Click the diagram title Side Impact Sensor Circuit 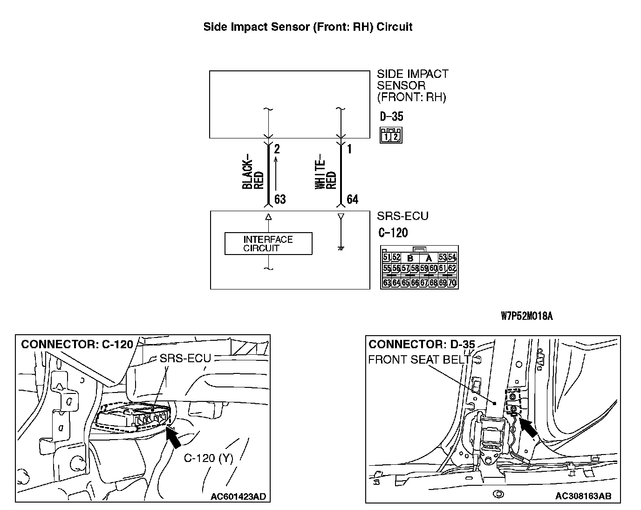pyautogui.click(x=307, y=27)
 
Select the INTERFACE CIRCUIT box pyautogui.click(x=268, y=243)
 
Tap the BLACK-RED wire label pyautogui.click(x=253, y=173)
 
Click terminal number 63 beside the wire pyautogui.click(x=280, y=200)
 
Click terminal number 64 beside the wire pyautogui.click(x=353, y=200)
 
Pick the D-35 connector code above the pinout pyautogui.click(x=391, y=116)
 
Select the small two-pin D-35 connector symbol pyautogui.click(x=391, y=135)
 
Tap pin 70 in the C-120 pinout pyautogui.click(x=451, y=283)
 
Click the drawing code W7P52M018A pyautogui.click(x=526, y=316)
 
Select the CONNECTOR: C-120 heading pyautogui.click(x=77, y=345)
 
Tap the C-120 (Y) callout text pyautogui.click(x=208, y=458)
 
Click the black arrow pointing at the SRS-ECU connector pyautogui.click(x=174, y=437)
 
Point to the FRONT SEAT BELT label pyautogui.click(x=419, y=359)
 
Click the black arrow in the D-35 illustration pyautogui.click(x=528, y=427)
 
